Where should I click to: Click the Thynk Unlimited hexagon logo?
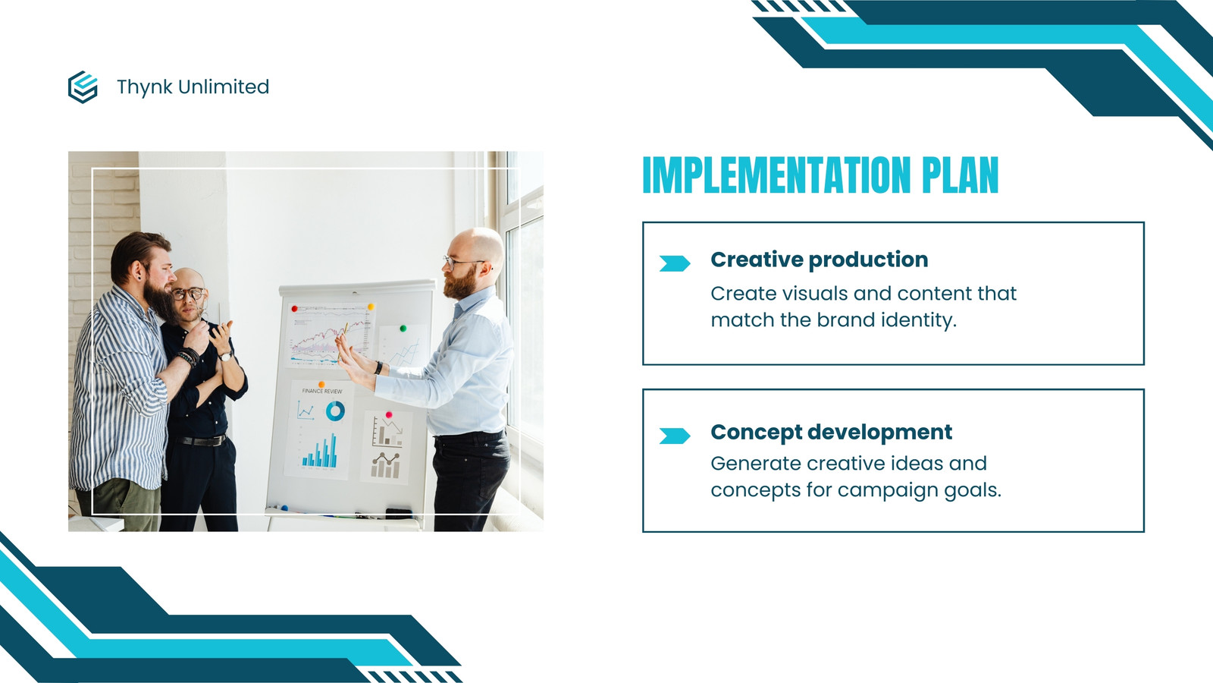tap(83, 87)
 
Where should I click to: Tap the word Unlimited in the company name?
tap(223, 87)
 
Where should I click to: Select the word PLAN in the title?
tap(960, 175)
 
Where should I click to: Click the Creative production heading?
tap(819, 260)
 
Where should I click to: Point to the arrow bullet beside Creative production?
tap(675, 263)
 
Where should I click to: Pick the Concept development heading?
tap(831, 432)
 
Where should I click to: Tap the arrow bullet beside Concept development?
tap(675, 436)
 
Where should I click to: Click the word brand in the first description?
tap(846, 319)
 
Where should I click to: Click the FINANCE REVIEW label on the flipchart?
tap(322, 391)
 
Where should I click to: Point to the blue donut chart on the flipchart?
tap(335, 411)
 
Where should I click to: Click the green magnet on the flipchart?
tap(403, 329)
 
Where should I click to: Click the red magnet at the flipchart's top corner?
tap(295, 309)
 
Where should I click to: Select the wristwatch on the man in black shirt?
tap(224, 356)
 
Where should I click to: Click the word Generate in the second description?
tap(755, 464)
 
